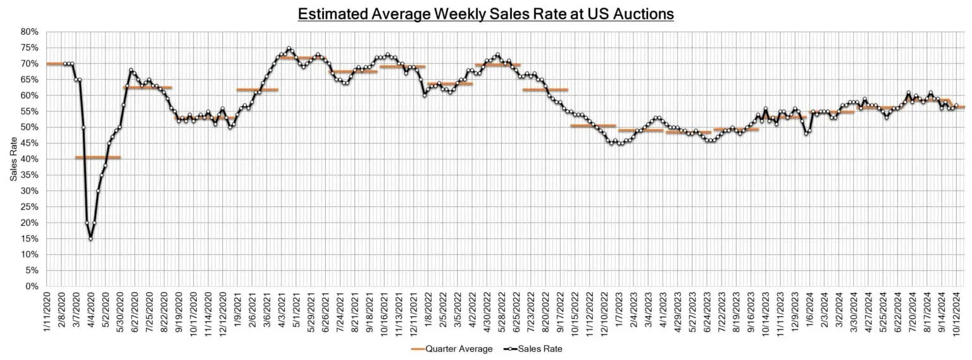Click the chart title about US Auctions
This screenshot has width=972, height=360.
pyautogui.click(x=486, y=13)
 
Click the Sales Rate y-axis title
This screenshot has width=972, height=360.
pyautogui.click(x=13, y=159)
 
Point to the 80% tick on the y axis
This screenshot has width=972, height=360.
pyautogui.click(x=30, y=32)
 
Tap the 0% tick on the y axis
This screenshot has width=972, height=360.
pyautogui.click(x=32, y=287)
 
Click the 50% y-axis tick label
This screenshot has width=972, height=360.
pyautogui.click(x=30, y=127)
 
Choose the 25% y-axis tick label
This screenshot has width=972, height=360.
pyautogui.click(x=30, y=207)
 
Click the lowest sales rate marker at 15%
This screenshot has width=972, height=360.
pyautogui.click(x=90, y=239)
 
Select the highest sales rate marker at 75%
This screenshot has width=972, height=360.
pyautogui.click(x=289, y=48)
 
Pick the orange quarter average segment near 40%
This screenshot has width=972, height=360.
pyautogui.click(x=97, y=157)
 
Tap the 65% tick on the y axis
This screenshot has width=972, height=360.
pyautogui.click(x=30, y=80)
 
